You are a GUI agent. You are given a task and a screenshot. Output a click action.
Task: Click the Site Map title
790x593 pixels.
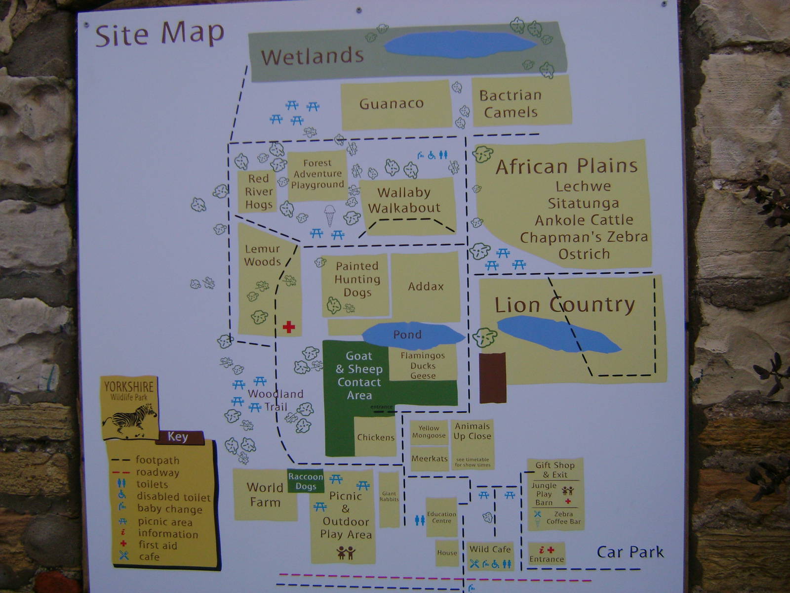[x=159, y=35]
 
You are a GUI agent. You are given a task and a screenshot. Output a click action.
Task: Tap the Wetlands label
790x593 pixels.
[x=312, y=56]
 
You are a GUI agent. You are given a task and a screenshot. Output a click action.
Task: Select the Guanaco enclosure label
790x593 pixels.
[x=391, y=104]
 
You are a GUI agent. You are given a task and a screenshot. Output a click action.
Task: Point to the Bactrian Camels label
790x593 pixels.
[x=511, y=104]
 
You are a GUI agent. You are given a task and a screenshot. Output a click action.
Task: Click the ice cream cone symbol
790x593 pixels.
[x=329, y=215]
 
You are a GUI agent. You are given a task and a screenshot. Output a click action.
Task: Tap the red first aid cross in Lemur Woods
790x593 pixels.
[x=289, y=327]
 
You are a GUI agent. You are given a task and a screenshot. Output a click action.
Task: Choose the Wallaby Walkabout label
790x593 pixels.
[x=404, y=200]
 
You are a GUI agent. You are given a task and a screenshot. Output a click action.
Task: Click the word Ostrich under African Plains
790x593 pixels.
[x=584, y=254]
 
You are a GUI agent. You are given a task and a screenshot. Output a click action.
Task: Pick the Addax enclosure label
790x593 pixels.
[x=426, y=286]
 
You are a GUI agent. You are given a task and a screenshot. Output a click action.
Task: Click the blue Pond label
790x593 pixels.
[x=407, y=335]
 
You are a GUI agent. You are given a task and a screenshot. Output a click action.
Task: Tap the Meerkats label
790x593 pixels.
[x=430, y=459]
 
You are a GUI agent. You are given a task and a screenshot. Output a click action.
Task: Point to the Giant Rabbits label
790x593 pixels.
[x=389, y=496]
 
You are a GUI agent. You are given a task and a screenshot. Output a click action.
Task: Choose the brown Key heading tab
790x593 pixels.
[x=178, y=437]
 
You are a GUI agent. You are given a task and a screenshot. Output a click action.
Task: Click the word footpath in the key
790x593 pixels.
[x=158, y=461]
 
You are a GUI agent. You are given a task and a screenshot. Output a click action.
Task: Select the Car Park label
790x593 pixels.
[x=630, y=552]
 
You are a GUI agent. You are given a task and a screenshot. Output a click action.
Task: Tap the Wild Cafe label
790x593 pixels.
[x=490, y=549]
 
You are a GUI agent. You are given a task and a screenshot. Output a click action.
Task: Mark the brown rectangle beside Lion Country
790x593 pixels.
[x=493, y=378]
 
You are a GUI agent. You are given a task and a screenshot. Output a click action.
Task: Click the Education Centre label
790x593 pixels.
[x=441, y=517]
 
